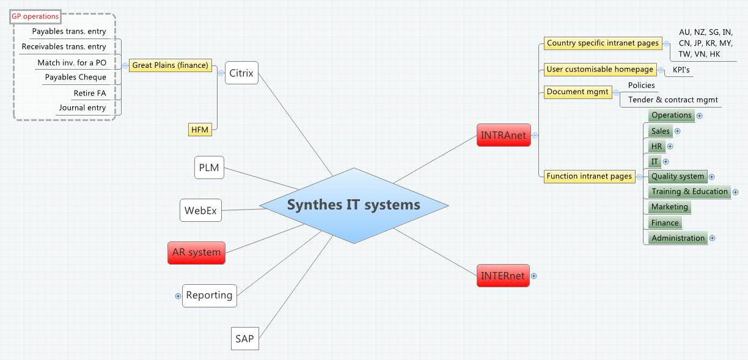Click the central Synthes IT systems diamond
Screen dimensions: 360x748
pos(354,205)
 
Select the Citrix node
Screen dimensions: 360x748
pos(241,73)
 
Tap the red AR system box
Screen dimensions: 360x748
pos(196,252)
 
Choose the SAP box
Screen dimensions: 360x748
pos(244,337)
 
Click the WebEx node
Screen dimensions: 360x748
pos(200,210)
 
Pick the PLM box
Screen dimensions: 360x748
pos(209,167)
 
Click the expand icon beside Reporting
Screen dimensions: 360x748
pos(178,296)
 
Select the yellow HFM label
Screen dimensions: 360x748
pos(200,130)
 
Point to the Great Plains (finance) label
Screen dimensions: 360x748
pos(170,65)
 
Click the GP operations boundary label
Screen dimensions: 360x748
pos(35,17)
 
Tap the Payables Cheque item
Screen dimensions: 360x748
pos(75,78)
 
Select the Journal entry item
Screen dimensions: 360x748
pos(82,108)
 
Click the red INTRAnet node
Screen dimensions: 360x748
pos(503,135)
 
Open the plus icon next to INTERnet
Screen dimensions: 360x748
pos(533,276)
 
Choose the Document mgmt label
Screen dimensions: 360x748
pos(577,92)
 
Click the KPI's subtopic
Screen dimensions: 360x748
pos(681,70)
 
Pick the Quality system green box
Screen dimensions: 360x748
pos(678,177)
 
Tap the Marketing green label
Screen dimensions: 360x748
pos(669,207)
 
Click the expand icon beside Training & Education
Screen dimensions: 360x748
pos(735,192)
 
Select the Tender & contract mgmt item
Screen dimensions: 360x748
pos(673,100)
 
